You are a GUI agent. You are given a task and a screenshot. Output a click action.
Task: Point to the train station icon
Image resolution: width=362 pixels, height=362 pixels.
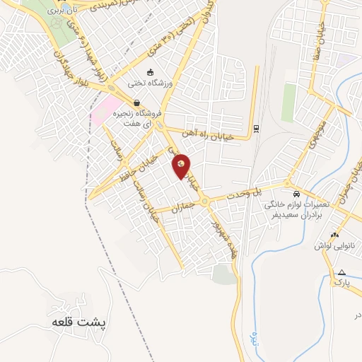pyautogui.click(x=255, y=129)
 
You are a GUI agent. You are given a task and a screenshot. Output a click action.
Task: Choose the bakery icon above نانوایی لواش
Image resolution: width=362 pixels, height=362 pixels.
pyautogui.click(x=335, y=234)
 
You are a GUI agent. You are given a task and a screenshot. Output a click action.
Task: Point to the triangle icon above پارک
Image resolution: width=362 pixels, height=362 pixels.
pyautogui.click(x=342, y=272)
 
